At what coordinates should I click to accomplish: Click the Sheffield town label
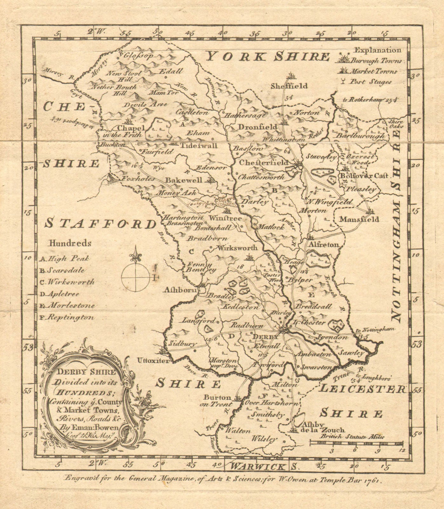click(289, 86)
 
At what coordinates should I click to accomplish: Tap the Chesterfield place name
click(263, 163)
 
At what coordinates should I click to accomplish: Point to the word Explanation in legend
click(378, 50)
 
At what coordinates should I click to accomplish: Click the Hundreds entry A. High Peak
click(65, 259)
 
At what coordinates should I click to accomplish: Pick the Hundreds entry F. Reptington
click(67, 317)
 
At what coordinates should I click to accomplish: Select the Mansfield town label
click(359, 219)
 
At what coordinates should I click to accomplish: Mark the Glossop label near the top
click(138, 55)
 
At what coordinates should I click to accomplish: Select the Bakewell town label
click(183, 180)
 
